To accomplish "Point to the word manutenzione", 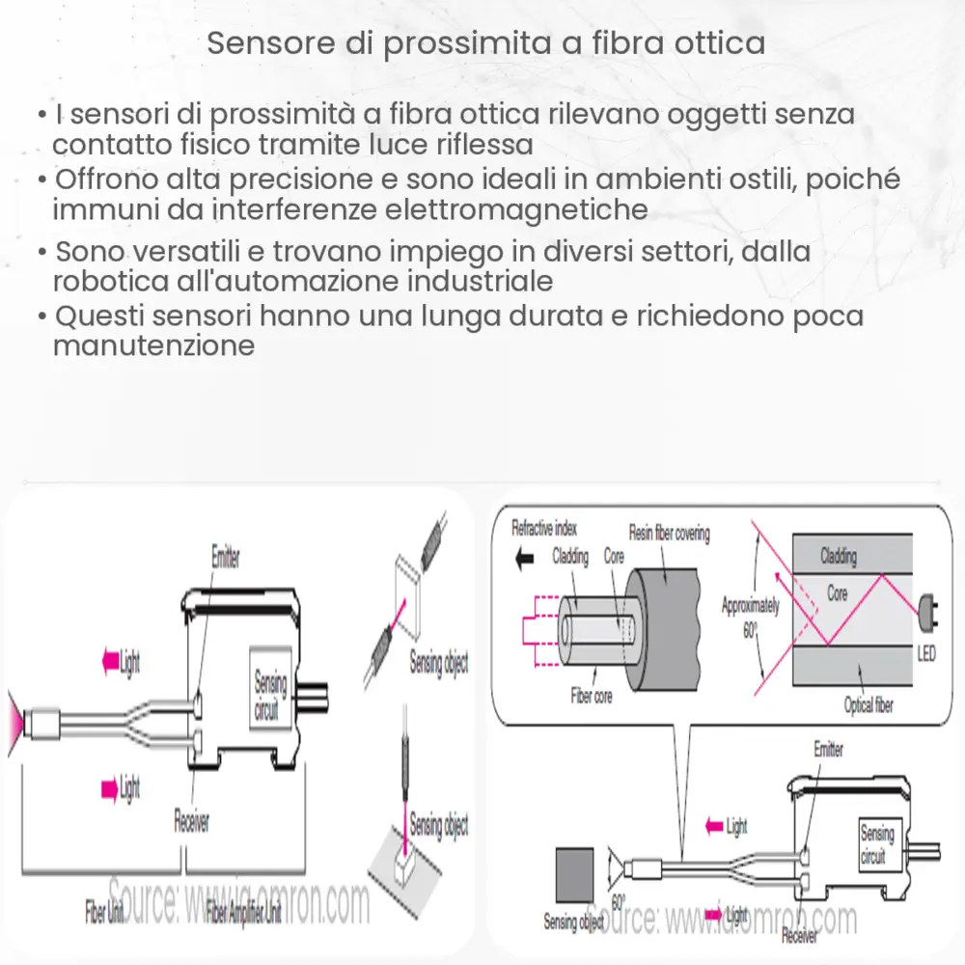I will [153, 345].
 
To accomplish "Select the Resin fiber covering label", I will [669, 534].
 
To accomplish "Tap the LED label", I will [924, 655].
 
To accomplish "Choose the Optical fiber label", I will [868, 705].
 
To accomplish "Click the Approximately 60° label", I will [750, 616].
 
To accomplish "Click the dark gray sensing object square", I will [574, 876].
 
